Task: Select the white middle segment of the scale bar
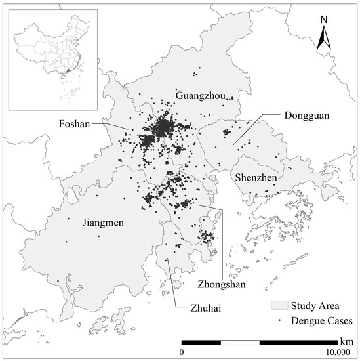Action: tap(240, 343)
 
